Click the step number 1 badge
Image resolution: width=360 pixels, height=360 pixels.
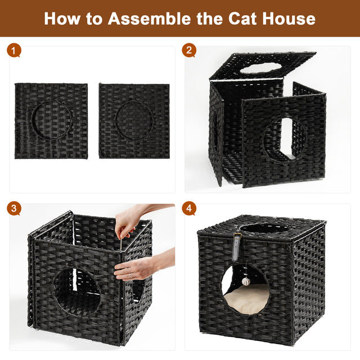[x=14, y=51]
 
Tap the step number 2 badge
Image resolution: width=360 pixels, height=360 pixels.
[x=189, y=51]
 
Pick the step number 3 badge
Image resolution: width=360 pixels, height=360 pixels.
[x=14, y=209]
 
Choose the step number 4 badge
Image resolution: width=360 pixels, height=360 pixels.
[x=189, y=209]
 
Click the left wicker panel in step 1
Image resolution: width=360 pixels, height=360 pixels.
[x=51, y=120]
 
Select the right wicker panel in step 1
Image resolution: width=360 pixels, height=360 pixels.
[x=134, y=120]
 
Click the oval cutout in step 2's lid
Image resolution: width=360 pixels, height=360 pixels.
[x=262, y=68]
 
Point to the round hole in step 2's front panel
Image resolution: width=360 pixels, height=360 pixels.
[x=284, y=138]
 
